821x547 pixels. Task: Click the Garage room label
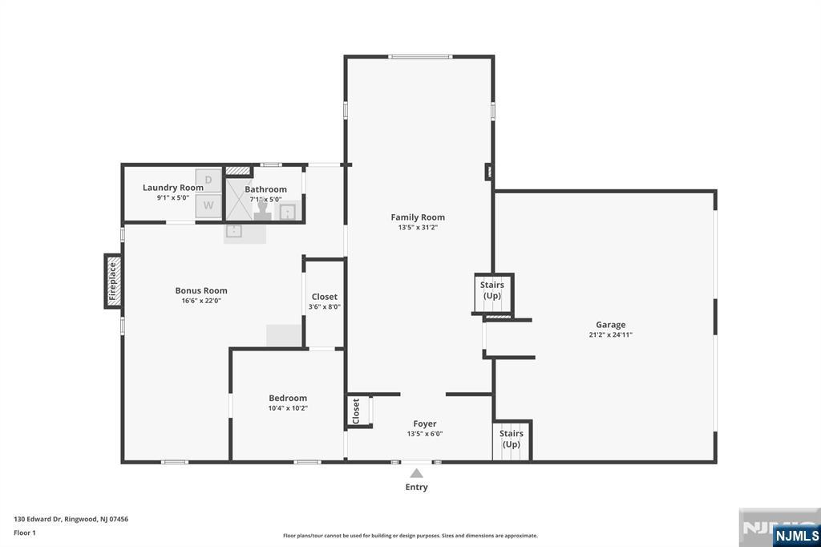[610, 325]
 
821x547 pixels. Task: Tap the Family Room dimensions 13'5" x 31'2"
[418, 228]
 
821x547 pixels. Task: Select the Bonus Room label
[201, 290]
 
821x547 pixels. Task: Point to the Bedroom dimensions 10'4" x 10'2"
[288, 408]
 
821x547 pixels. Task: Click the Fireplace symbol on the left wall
[113, 280]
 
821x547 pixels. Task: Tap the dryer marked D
[208, 180]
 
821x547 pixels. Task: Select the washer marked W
[208, 205]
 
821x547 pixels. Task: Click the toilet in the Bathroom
[262, 211]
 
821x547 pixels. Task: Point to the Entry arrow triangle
[416, 473]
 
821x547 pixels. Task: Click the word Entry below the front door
[416, 487]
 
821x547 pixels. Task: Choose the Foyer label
[425, 423]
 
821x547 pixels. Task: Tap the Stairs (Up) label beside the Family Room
[491, 290]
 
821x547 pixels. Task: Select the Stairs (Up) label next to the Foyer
[512, 439]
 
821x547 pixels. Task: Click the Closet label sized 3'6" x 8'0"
[325, 297]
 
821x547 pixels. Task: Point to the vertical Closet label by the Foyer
[356, 411]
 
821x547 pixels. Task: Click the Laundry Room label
[173, 188]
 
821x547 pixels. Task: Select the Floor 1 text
[24, 533]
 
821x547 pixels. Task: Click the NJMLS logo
[795, 535]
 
